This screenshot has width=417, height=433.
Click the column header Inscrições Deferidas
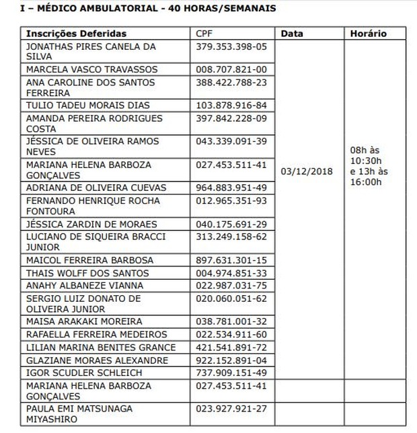pos(76,34)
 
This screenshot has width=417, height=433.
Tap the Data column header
pos(292,34)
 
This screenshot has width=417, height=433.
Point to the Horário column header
pos(368,34)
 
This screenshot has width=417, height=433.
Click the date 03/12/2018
pos(307,171)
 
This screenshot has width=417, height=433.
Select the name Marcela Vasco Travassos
pos(91,69)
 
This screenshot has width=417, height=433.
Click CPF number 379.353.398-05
pos(231,46)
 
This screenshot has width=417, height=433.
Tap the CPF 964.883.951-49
pos(231,188)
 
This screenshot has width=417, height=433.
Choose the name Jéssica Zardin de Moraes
pos(91,224)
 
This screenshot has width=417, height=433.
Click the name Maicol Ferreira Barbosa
pos(89,260)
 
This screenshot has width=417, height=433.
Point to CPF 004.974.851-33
pos(231,273)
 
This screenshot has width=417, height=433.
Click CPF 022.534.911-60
pos(231,334)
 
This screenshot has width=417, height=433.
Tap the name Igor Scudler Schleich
pos(83,372)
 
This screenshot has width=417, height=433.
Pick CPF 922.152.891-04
pos(231,360)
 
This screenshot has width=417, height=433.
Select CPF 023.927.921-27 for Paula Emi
pos(231,408)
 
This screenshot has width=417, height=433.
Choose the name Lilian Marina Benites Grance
pos(101,347)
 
